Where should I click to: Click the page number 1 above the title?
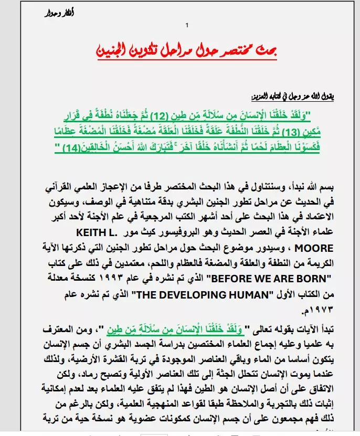pos(186,26)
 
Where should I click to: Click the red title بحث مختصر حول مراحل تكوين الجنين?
pos(187,51)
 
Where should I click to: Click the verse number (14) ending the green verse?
pos(61,148)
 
